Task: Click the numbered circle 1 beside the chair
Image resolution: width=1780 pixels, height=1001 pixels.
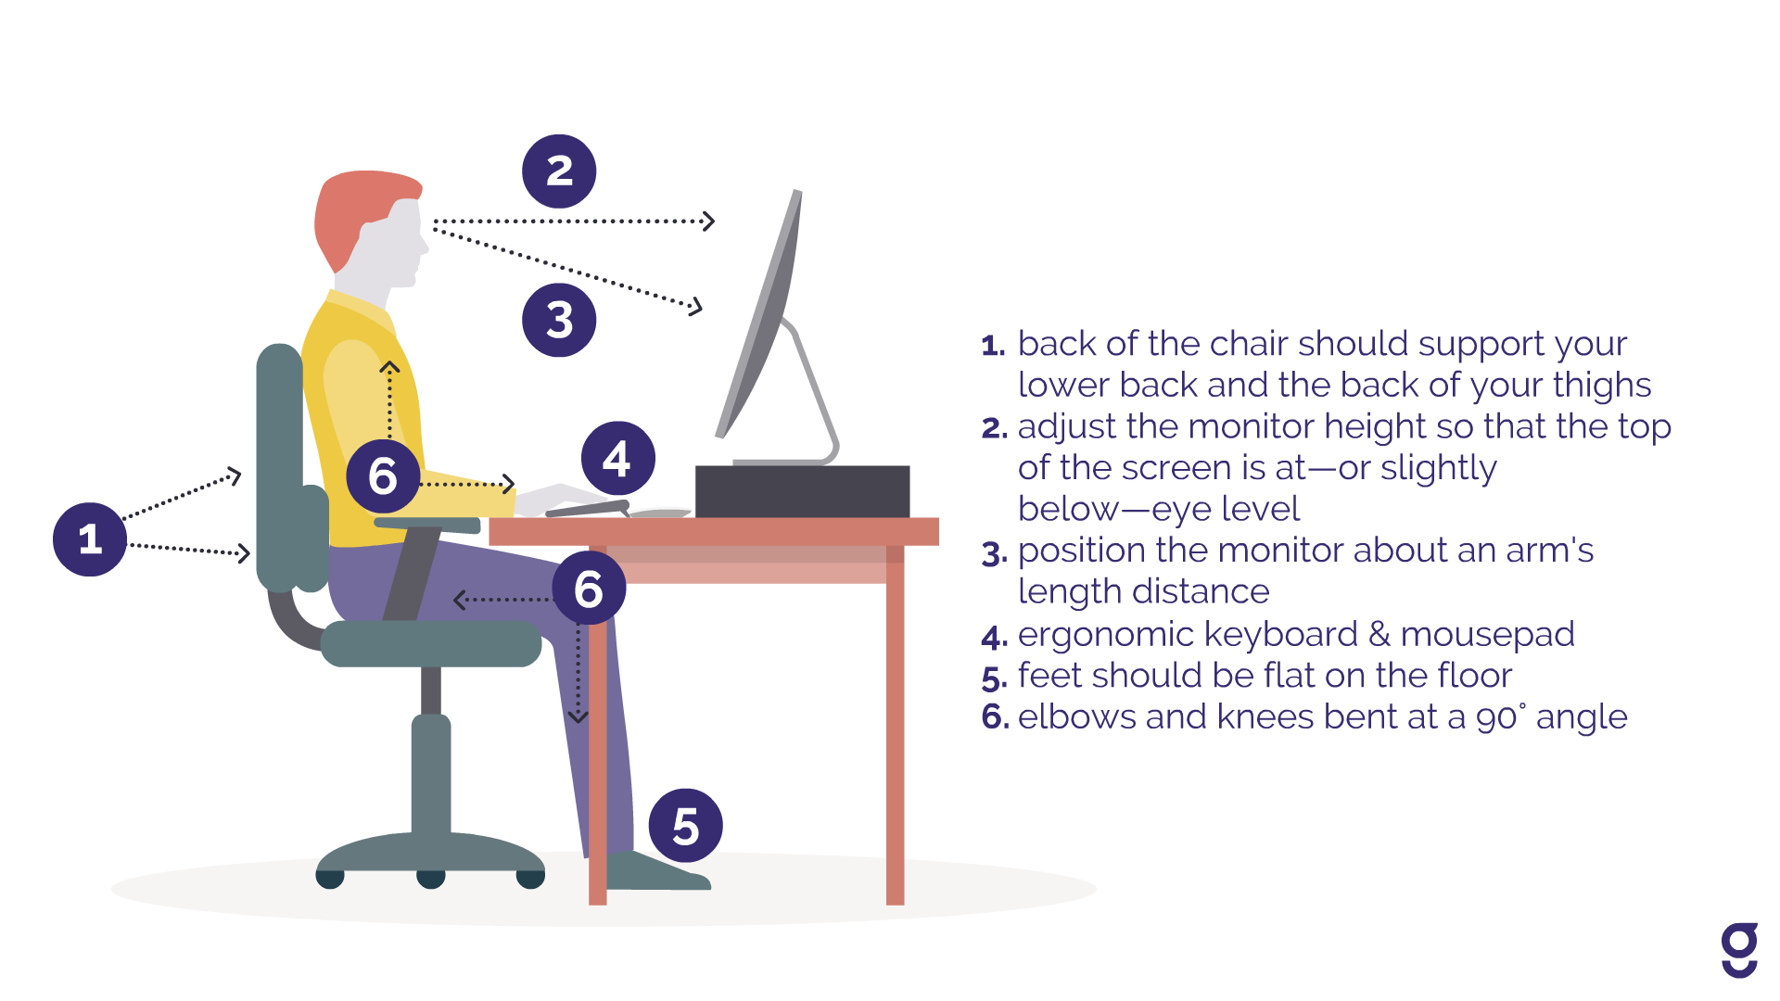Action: tap(90, 539)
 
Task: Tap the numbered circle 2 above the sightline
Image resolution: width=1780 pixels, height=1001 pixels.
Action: tap(559, 171)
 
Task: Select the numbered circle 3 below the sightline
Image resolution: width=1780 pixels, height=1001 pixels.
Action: tap(559, 320)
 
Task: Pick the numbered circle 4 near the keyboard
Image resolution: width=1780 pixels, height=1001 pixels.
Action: tap(617, 459)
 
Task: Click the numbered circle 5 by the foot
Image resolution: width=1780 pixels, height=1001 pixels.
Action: tap(685, 826)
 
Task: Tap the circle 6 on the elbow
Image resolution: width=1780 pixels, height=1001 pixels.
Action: tap(383, 476)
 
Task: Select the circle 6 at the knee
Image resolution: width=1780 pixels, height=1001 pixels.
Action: tap(589, 589)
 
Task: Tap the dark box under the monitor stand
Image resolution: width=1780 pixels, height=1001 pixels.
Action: tap(802, 491)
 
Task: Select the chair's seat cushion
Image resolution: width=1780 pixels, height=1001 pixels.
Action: tap(431, 643)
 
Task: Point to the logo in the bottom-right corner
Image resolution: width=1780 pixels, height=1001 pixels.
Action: tap(1739, 950)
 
